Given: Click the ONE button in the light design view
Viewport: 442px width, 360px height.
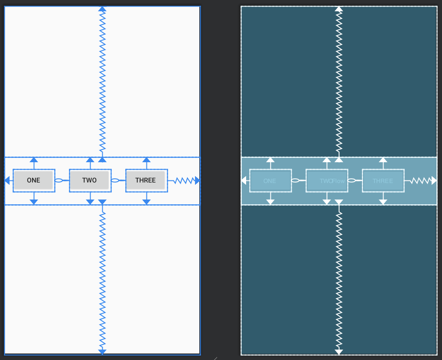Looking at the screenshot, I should (x=33, y=180).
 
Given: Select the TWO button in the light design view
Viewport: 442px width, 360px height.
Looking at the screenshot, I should (x=90, y=180).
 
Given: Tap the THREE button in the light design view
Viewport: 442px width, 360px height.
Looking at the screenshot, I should (x=146, y=180).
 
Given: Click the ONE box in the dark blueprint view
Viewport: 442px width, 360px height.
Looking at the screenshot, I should (x=270, y=181).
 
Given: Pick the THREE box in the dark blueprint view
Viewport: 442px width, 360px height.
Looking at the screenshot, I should (x=383, y=181).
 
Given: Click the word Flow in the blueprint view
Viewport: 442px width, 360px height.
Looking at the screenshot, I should (x=338, y=181).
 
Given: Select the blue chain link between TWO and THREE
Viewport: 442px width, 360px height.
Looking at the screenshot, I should (x=115, y=180).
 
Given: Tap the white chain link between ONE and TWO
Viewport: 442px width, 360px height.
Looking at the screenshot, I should (x=296, y=180).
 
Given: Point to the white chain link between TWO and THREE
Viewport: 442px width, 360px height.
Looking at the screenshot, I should (x=352, y=180).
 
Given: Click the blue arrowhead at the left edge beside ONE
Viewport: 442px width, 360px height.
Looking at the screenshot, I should (x=7, y=180).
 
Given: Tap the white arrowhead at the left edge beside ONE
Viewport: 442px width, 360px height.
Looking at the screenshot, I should (x=244, y=180).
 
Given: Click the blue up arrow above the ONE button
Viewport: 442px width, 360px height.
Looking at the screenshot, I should (x=34, y=160).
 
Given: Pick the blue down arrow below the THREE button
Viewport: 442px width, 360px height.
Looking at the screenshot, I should (x=146, y=202).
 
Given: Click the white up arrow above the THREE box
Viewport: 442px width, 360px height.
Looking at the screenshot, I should (x=383, y=160).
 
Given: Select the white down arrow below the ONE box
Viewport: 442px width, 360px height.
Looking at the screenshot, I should (x=270, y=202).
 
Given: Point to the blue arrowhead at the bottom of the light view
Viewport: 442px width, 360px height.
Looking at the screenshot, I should (x=102, y=352).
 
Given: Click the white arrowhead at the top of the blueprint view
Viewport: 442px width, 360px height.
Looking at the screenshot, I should (x=339, y=9).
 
